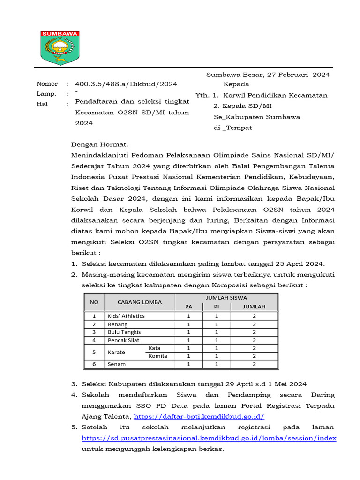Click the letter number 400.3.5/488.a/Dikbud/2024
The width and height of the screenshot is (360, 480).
[126, 84]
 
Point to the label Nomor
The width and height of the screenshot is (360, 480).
[47, 84]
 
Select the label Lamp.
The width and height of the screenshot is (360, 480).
[46, 94]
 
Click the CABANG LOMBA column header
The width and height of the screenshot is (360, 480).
[139, 302]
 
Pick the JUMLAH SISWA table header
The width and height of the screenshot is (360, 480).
[226, 297]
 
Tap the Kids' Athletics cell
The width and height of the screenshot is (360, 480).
[126, 316]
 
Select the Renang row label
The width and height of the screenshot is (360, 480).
[118, 324]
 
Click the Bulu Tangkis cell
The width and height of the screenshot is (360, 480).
[124, 332]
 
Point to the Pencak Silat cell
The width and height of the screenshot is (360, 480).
[123, 340]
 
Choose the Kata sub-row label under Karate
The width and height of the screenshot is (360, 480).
[155, 348]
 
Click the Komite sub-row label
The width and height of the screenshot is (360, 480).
[157, 356]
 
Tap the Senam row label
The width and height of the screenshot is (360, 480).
[117, 364]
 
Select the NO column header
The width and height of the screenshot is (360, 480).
[94, 302]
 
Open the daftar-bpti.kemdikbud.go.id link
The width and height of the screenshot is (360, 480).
[199, 416]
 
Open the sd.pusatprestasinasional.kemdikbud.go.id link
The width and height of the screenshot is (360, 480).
[209, 438]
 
